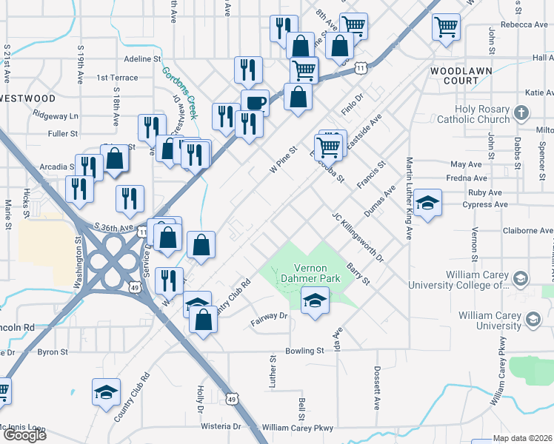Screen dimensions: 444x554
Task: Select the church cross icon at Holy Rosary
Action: click(x=521, y=113)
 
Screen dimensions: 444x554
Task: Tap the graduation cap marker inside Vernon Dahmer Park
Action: click(x=315, y=300)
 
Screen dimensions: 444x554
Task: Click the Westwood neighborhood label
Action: click(x=28, y=98)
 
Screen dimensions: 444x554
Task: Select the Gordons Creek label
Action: click(x=180, y=92)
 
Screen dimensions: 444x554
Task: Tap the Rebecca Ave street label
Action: click(x=524, y=24)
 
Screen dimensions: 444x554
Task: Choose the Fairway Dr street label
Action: click(x=268, y=318)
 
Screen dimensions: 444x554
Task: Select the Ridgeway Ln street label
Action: click(x=56, y=116)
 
